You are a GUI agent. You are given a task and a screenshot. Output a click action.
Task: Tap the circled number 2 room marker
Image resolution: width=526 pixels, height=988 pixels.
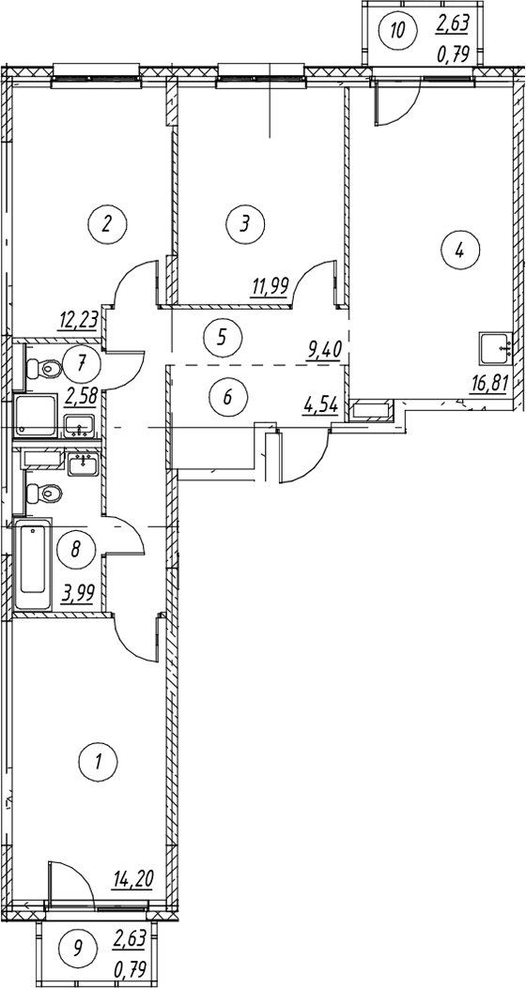(x=107, y=223)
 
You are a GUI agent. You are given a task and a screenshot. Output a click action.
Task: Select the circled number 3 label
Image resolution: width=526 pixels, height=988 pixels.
(x=245, y=222)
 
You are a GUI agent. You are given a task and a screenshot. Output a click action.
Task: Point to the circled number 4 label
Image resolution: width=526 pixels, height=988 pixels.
(x=459, y=251)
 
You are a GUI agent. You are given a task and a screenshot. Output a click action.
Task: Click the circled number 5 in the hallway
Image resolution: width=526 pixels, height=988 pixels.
(x=221, y=337)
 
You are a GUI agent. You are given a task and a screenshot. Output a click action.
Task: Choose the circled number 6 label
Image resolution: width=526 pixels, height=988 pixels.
(x=228, y=398)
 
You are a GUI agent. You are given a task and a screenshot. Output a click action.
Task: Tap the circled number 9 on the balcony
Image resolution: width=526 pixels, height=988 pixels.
(x=77, y=947)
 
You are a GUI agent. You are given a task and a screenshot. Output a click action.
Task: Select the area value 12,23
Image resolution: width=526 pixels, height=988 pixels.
(x=80, y=320)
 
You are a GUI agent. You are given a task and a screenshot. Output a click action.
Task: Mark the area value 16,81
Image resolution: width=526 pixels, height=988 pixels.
(x=487, y=383)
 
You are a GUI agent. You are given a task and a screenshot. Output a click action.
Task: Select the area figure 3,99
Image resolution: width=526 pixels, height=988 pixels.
(x=79, y=592)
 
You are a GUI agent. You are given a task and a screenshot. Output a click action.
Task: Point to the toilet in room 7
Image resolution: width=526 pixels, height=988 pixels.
(x=42, y=368)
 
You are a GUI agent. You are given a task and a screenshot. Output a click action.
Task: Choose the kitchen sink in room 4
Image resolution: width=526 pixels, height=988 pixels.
(x=496, y=349)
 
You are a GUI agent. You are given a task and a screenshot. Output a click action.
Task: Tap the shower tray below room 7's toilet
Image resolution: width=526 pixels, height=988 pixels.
(x=37, y=418)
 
